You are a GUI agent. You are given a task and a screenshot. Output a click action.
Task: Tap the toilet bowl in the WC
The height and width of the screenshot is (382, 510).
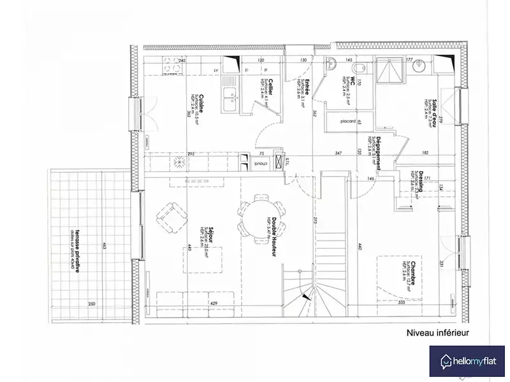point(359,67)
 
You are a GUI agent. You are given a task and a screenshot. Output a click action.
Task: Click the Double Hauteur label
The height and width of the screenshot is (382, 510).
point(273,235)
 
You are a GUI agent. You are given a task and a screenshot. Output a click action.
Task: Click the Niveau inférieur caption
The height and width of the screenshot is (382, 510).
point(437,332)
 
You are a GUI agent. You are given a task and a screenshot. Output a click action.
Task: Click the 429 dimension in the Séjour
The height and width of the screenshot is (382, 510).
point(214,304)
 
